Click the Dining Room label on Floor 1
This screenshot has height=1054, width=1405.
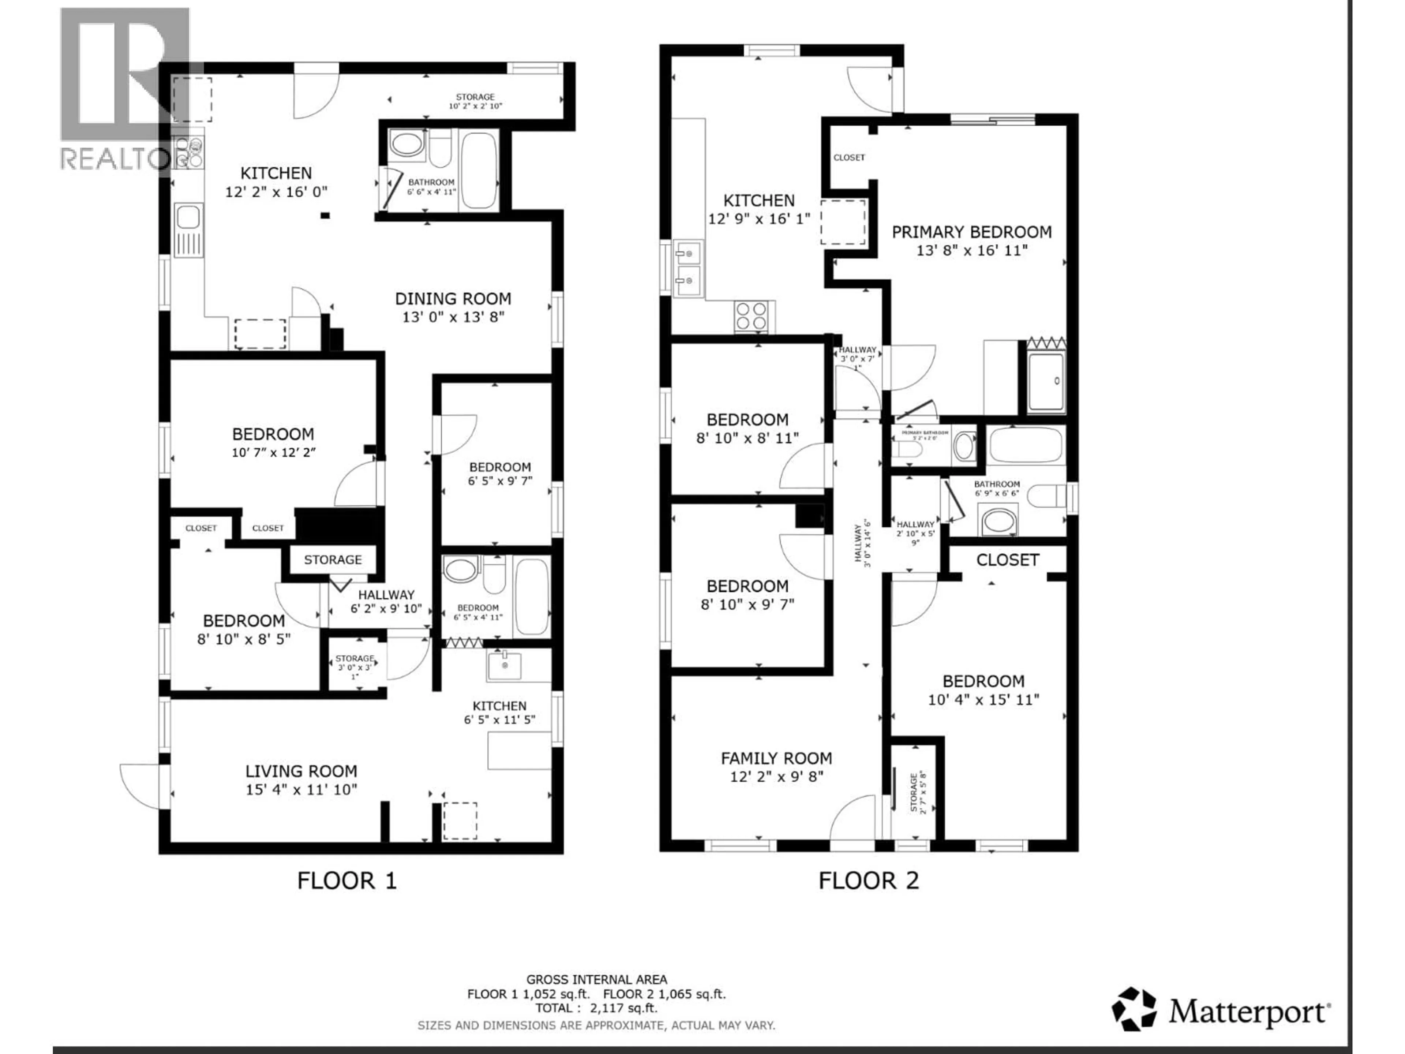pos(453,299)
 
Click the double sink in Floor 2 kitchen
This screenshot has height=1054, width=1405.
pos(687,269)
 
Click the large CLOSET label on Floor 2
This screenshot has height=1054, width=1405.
pos(1007,560)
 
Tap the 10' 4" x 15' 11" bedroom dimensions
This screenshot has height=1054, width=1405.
pos(983,699)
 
